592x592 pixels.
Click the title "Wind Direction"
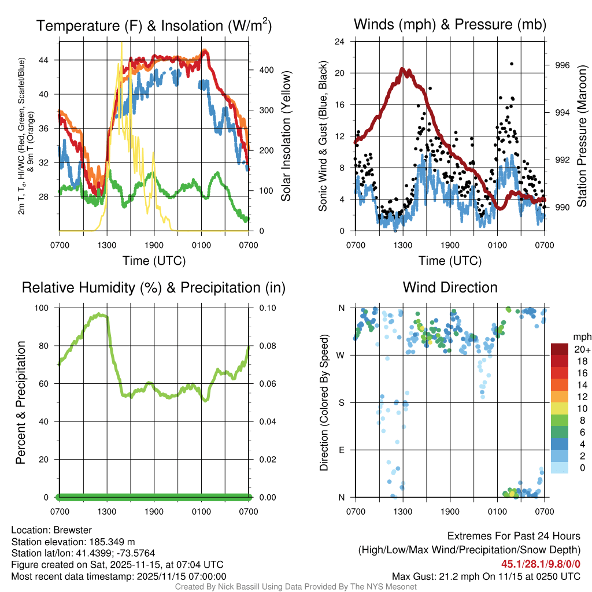pyautogui.click(x=450, y=287)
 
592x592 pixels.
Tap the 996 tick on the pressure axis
pyautogui.click(x=561, y=65)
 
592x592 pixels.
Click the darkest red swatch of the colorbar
pyautogui.click(x=560, y=349)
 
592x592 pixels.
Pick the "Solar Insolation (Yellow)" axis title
pyautogui.click(x=286, y=136)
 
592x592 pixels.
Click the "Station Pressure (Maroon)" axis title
pyautogui.click(x=582, y=136)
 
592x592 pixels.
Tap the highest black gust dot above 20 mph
pyautogui.click(x=512, y=64)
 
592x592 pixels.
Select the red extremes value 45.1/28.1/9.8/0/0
pyautogui.click(x=541, y=564)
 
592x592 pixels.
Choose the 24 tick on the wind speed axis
pyautogui.click(x=340, y=42)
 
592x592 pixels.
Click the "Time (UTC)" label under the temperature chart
pyautogui.click(x=154, y=261)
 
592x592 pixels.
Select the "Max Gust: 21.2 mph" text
pyautogui.click(x=442, y=576)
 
